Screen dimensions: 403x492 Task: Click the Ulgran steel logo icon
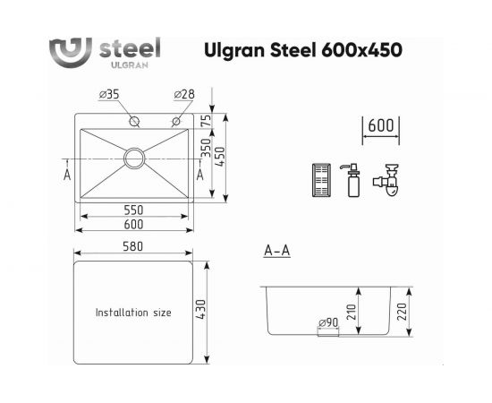(68, 49)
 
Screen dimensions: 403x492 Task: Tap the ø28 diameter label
(183, 94)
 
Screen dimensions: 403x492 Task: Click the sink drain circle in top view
(136, 159)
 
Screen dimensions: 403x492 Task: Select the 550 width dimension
(135, 210)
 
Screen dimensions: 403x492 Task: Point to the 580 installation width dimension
(134, 246)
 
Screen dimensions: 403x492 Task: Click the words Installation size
(133, 313)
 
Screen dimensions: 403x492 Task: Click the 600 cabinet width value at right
(381, 127)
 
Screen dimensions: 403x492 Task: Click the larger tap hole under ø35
(134, 121)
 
